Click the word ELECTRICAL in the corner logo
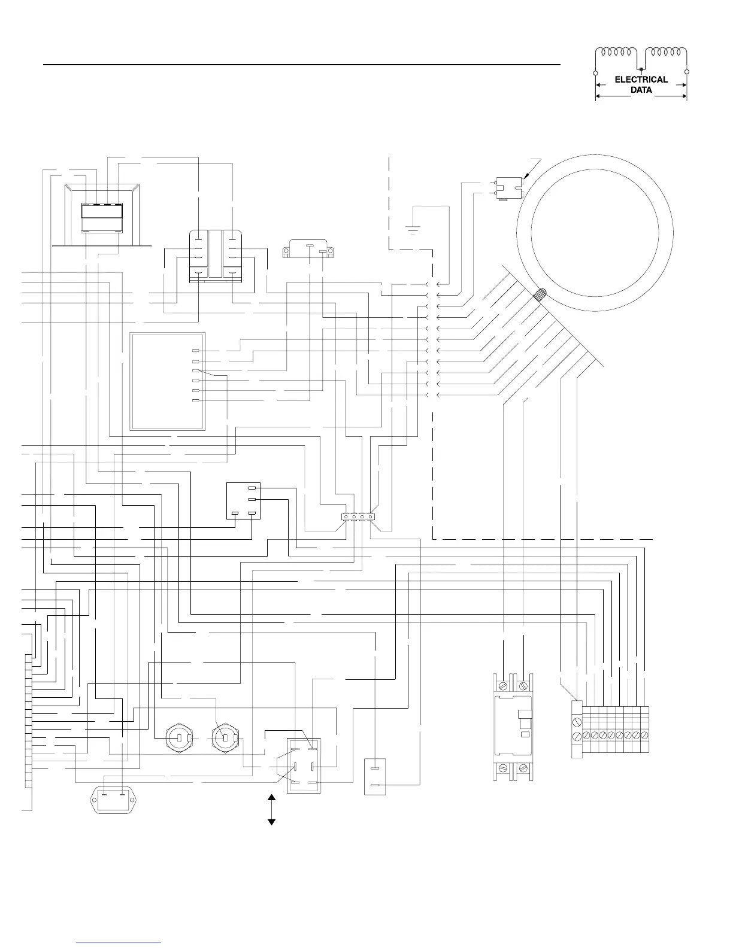[641, 79]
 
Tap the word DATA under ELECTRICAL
[641, 90]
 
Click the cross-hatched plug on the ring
[540, 294]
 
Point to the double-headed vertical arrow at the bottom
[271, 810]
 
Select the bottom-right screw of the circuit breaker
[523, 768]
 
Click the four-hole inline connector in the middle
[358, 516]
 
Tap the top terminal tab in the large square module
[195, 350]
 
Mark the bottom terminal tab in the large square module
[195, 400]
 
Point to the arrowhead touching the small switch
[525, 177]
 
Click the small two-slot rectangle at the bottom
[375, 777]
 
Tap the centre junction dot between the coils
[641, 69]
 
